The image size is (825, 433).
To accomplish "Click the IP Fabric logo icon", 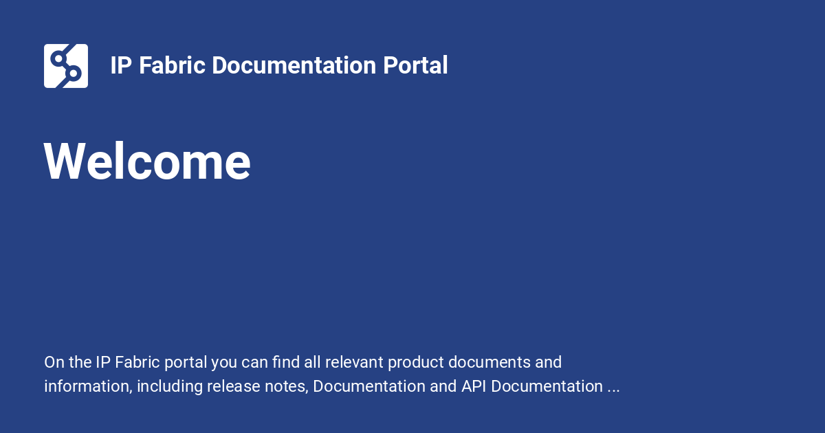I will click(x=66, y=66).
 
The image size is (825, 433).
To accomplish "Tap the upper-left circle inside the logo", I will click(x=58, y=58).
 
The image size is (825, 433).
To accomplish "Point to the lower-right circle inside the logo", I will click(x=74, y=74).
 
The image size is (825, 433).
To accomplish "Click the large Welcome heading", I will click(x=147, y=162).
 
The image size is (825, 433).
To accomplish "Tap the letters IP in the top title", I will click(x=122, y=66).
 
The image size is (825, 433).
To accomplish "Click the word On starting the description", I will click(x=53, y=362).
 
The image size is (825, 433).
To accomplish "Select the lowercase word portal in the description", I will click(x=188, y=362).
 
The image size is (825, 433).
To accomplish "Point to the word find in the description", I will click(x=285, y=362).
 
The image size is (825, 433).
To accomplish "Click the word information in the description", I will click(x=87, y=386).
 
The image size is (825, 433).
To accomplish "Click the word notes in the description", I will click(x=284, y=386).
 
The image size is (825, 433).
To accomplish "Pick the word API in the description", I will click(x=474, y=386).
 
